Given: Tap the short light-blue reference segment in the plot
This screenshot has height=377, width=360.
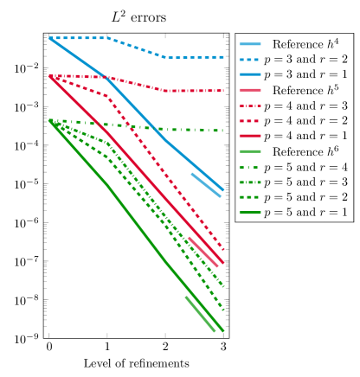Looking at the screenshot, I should point(206,184).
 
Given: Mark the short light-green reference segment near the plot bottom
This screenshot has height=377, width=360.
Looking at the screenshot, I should point(200,313).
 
